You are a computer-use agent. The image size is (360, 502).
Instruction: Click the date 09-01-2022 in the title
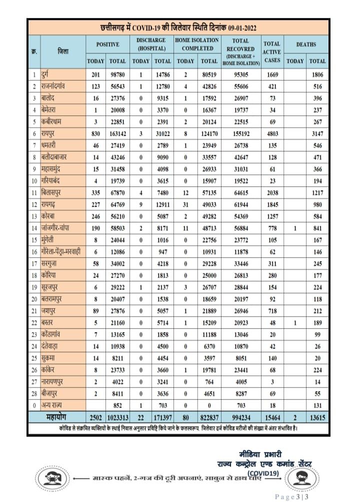(x=238, y=27)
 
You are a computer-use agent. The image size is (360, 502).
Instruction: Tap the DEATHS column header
(x=306, y=44)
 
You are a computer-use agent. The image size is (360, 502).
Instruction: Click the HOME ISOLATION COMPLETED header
(x=196, y=44)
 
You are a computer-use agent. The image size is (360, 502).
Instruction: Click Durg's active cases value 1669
(x=271, y=75)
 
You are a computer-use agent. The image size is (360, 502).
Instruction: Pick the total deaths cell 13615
(x=317, y=417)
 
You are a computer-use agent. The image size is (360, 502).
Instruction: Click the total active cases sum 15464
(x=271, y=417)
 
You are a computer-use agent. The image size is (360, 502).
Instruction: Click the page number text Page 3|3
(x=293, y=496)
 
